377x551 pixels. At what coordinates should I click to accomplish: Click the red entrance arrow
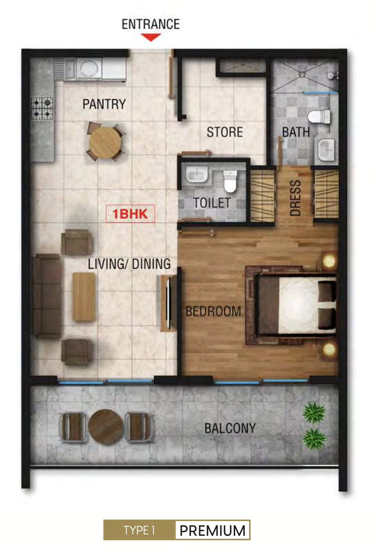[151, 37]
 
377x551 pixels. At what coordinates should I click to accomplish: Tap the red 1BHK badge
[130, 214]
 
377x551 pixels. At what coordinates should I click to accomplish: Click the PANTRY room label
[104, 104]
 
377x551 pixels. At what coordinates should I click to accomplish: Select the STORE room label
[225, 132]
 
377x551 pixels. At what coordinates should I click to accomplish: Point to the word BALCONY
[230, 428]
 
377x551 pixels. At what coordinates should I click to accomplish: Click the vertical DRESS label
[295, 198]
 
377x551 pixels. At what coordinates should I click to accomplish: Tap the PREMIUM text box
[212, 530]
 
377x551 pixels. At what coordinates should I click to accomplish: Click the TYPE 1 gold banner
[139, 530]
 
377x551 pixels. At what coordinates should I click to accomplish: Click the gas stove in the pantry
[42, 108]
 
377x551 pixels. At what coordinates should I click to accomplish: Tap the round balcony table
[106, 427]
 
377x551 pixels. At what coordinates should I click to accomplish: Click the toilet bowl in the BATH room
[319, 117]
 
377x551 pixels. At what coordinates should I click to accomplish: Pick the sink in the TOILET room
[197, 175]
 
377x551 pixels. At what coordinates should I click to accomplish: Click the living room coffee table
[84, 297]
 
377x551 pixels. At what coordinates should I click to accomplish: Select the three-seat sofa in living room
[47, 296]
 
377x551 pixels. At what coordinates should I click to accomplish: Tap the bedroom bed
[295, 305]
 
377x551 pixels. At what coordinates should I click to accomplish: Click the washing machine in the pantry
[89, 69]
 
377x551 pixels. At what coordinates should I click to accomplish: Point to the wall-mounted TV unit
[169, 303]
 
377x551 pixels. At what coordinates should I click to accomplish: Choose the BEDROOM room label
[213, 311]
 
